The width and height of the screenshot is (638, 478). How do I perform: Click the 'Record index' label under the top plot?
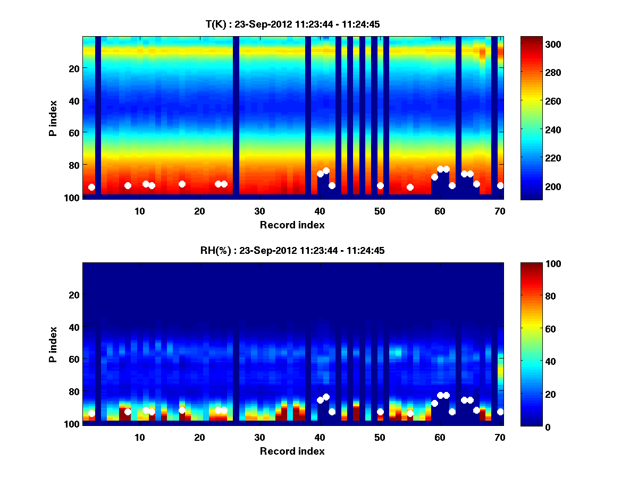[292, 225]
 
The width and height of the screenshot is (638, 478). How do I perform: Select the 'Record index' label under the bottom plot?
[292, 451]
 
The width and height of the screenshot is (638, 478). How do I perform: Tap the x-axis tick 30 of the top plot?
[259, 211]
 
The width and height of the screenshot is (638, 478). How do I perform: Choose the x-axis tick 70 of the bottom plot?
[500, 437]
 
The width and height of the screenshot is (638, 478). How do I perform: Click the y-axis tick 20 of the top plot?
[73, 68]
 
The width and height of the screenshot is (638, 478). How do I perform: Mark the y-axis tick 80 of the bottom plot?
[73, 391]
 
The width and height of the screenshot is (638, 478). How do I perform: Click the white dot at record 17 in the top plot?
[182, 184]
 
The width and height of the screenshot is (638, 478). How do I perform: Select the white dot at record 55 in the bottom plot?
[410, 413]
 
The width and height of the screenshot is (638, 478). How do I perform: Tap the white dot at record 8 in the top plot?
[128, 185]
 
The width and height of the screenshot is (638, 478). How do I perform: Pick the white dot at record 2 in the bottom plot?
[91, 413]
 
